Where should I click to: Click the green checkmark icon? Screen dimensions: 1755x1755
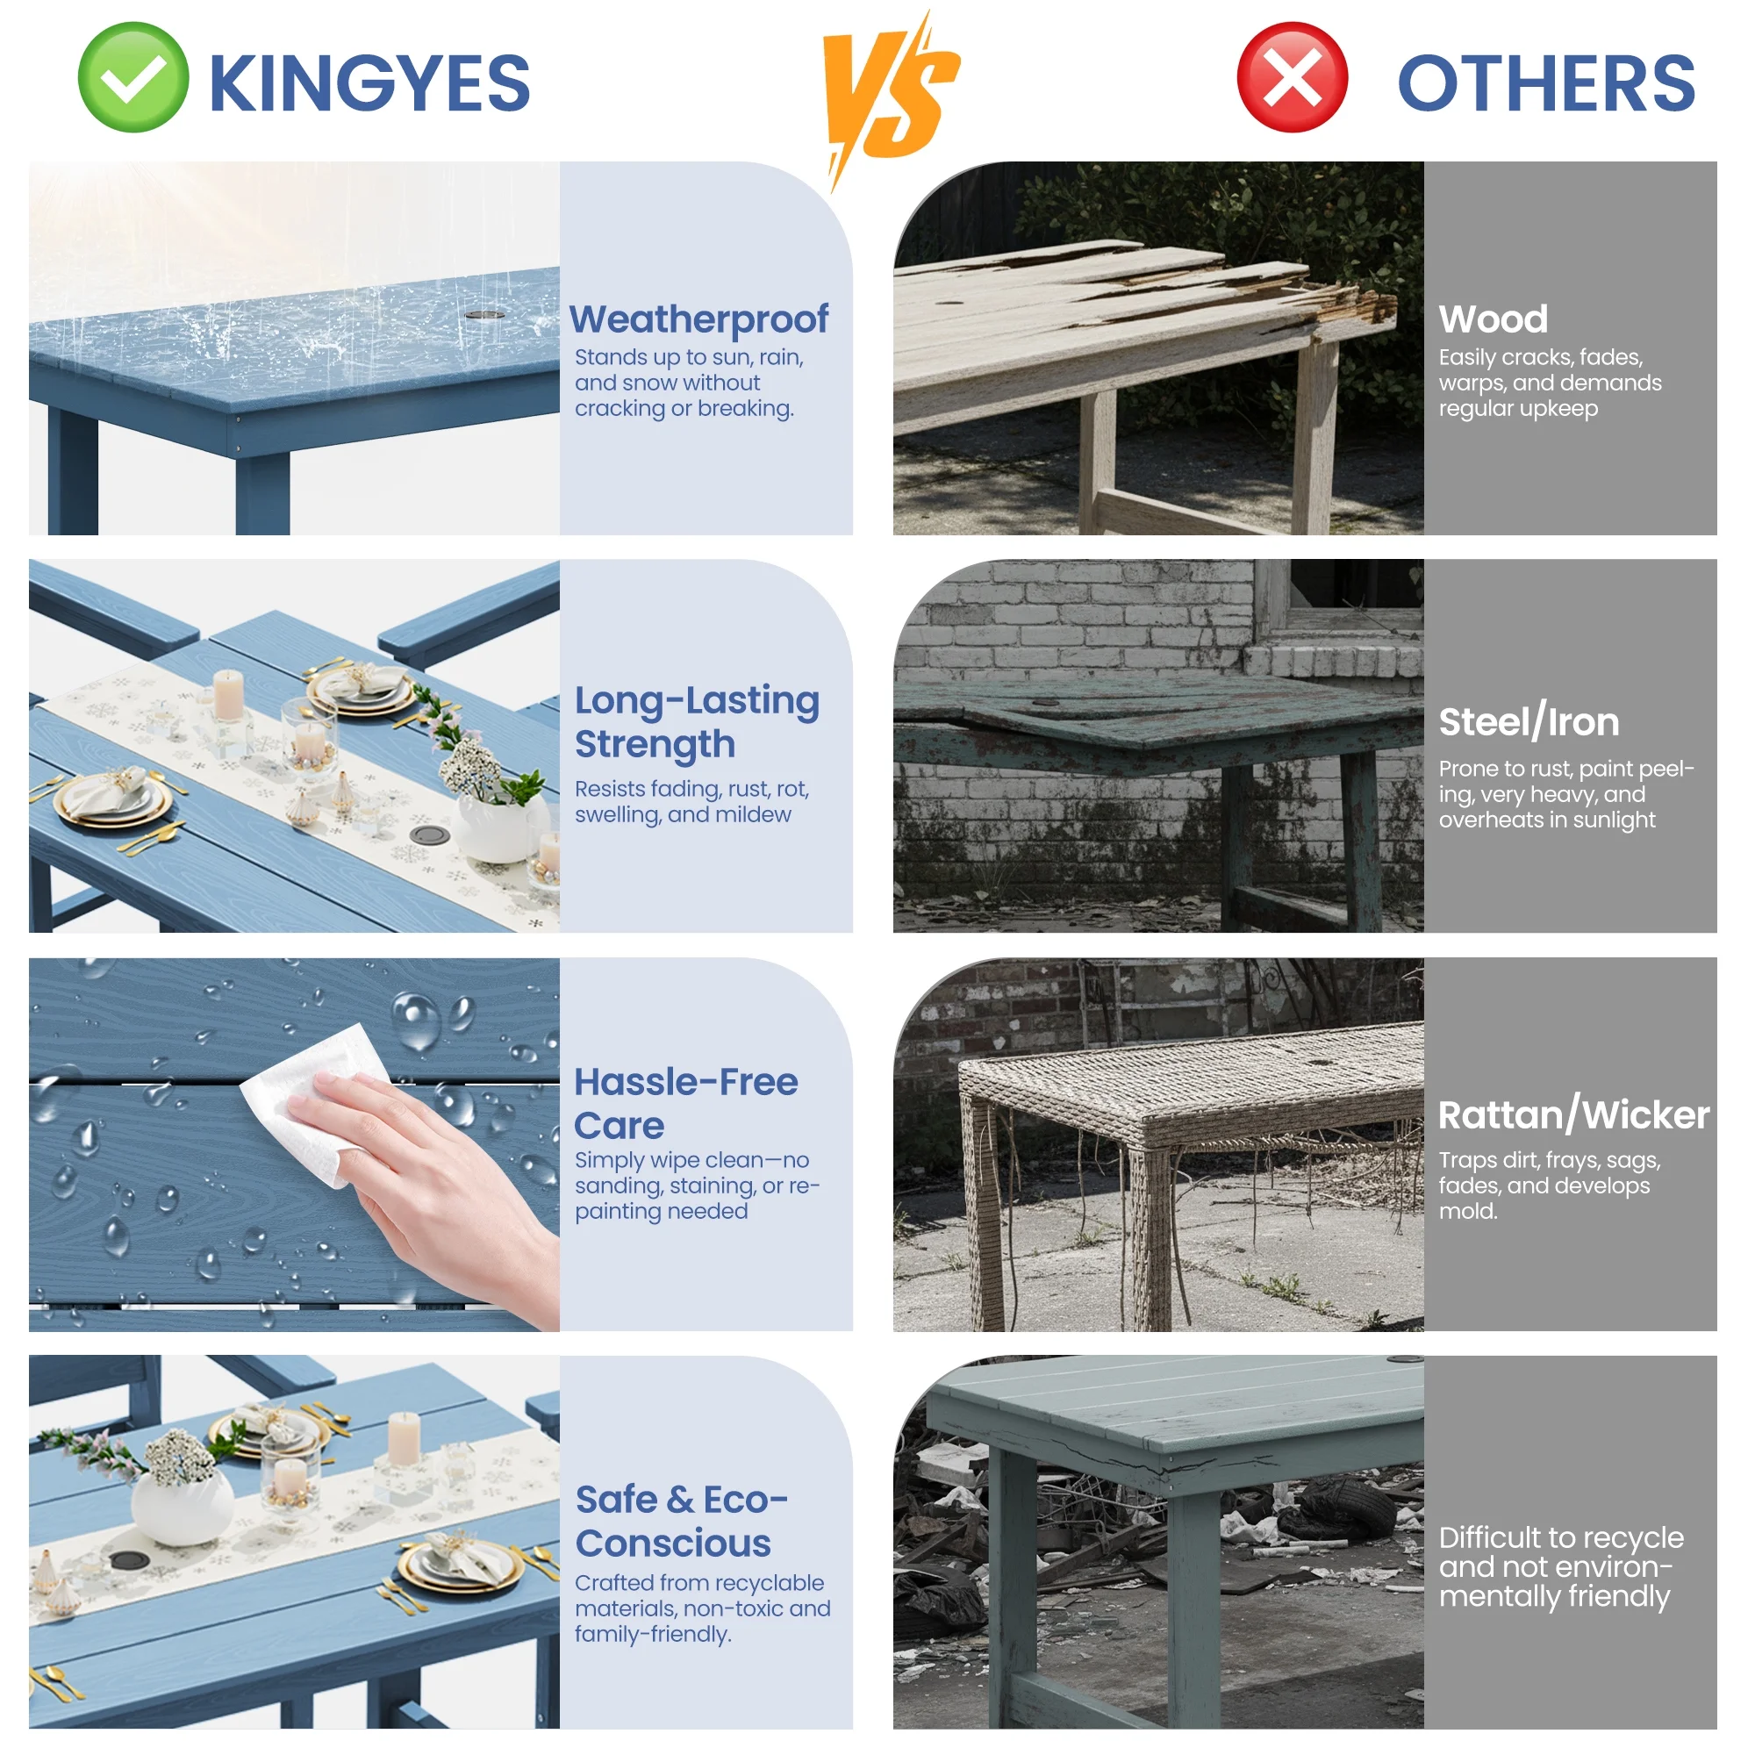point(133,77)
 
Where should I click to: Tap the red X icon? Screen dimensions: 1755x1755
point(1292,77)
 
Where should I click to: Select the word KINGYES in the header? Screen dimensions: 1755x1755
point(369,83)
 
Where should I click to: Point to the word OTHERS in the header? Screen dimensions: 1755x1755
point(1545,83)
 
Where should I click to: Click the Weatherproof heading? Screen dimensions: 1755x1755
point(698,319)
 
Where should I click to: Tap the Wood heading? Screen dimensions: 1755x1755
point(1493,319)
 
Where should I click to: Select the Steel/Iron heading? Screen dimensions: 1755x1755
point(1529,722)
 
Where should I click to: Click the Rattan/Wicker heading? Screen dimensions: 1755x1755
point(1573,1114)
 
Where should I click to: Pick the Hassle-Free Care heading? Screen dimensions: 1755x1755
point(686,1104)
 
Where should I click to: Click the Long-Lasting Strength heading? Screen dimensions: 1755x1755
point(697,722)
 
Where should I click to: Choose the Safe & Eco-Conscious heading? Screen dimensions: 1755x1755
point(681,1522)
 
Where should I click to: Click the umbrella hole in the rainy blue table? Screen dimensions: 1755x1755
point(485,315)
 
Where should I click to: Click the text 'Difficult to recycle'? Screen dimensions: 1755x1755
point(1560,1537)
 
